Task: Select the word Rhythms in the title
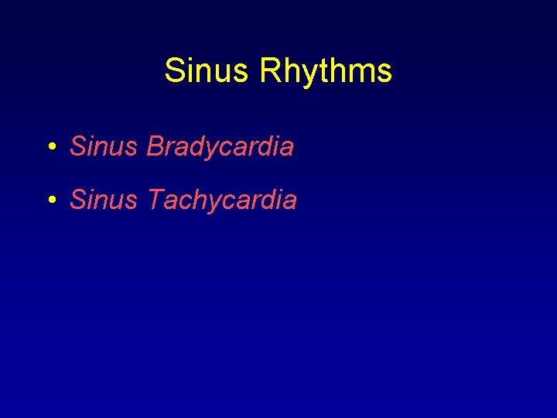(x=326, y=71)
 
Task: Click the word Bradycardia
(x=220, y=146)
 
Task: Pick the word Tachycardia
(x=221, y=200)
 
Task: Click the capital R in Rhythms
(x=271, y=71)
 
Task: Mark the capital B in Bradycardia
(x=155, y=146)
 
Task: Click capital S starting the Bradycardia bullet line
(x=77, y=146)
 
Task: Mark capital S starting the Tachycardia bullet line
(x=77, y=200)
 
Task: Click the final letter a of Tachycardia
(x=289, y=202)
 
